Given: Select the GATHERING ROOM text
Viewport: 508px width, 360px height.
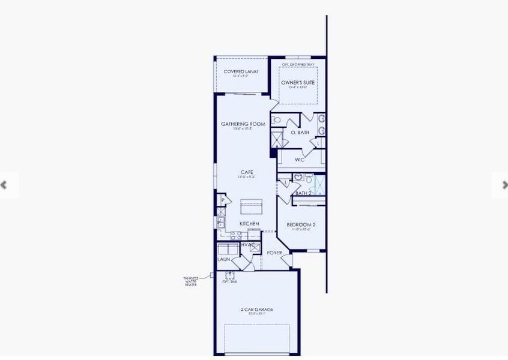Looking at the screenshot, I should [243, 124].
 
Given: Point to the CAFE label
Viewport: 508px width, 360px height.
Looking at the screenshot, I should [247, 172].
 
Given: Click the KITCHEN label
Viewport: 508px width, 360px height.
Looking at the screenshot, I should [249, 224].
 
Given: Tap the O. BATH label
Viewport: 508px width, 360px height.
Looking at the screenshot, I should [300, 132].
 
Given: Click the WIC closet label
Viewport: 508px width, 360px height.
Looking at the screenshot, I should [300, 160].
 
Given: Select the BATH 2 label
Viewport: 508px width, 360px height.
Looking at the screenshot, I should [303, 193].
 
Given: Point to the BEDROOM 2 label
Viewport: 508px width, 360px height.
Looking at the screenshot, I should [301, 225].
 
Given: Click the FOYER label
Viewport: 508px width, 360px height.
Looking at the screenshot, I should [274, 253].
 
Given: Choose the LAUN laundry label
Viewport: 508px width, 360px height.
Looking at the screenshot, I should [225, 259].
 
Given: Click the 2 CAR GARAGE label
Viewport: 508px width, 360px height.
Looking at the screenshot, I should [256, 310].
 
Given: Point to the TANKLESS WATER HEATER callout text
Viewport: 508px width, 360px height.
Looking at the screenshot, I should [190, 281].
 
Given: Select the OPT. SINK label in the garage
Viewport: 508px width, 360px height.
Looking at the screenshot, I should [230, 281].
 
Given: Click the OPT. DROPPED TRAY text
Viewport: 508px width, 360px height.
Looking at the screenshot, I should [298, 64].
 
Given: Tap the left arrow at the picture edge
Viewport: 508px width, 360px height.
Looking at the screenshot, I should [4, 185].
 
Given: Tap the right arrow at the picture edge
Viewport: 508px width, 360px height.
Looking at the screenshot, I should [504, 185].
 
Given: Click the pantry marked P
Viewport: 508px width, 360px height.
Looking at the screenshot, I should [222, 200].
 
